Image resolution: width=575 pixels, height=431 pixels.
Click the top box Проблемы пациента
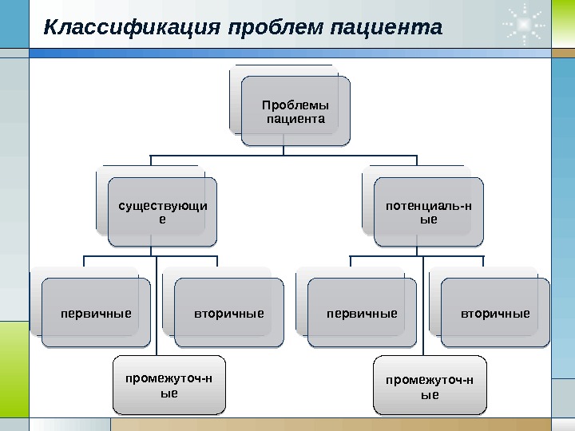click(x=295, y=112)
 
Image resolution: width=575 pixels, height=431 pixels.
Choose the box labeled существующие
click(x=162, y=212)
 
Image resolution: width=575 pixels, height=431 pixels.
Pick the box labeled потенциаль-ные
click(x=428, y=212)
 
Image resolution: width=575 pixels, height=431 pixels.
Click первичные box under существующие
click(x=96, y=313)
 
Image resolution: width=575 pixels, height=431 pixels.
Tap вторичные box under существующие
click(x=228, y=313)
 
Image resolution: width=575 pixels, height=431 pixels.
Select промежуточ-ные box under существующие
click(x=169, y=385)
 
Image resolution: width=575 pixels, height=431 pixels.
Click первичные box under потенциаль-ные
click(x=362, y=313)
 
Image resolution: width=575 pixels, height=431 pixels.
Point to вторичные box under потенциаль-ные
click(x=495, y=313)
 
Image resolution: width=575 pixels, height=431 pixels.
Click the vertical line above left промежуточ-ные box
click(x=156, y=319)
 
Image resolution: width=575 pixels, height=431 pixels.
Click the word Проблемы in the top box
click(x=295, y=105)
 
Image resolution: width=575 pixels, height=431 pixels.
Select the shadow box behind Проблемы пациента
click(x=235, y=100)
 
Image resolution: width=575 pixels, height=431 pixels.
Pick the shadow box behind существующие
click(x=101, y=200)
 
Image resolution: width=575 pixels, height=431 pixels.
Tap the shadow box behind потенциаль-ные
click(x=367, y=200)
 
